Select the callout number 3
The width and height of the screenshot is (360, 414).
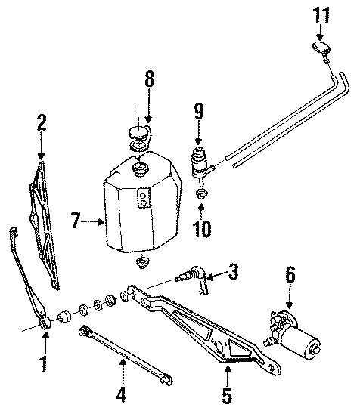[234, 270]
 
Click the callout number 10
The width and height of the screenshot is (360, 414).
[202, 226]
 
